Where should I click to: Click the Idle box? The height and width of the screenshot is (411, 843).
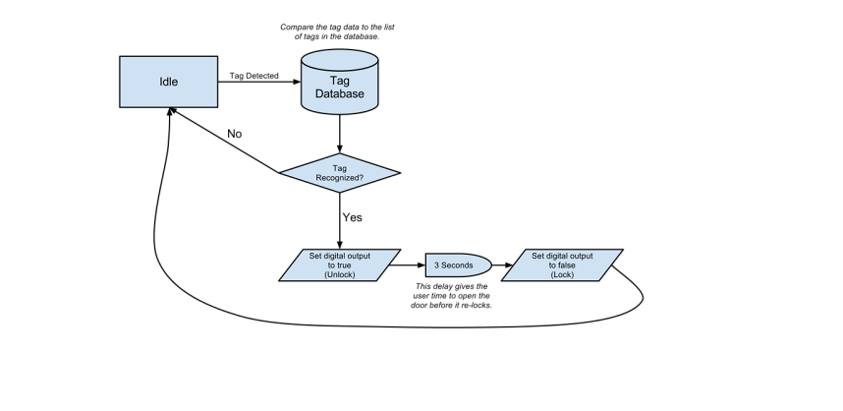168,82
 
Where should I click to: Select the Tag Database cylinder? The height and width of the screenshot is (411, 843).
340,82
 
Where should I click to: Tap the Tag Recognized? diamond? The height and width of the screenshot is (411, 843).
340,173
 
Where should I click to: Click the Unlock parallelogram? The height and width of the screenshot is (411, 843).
340,265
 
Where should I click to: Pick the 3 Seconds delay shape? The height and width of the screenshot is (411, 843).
458,265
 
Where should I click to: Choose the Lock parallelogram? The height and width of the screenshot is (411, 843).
562,265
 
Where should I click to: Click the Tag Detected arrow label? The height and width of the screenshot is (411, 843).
254,76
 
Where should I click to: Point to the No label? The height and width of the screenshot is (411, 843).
235,134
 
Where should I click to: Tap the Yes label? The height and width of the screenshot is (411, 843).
353,217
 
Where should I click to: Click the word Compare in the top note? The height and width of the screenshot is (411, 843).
295,28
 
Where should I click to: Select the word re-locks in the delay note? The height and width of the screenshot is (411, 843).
478,305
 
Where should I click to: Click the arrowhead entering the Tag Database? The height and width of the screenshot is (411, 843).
297,82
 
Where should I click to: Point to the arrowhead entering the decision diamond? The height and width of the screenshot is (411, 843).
340,148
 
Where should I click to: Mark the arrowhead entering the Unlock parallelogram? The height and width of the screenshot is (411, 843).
340,244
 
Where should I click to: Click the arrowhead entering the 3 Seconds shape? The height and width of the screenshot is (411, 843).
421,265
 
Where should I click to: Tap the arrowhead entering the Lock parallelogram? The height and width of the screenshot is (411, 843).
509,265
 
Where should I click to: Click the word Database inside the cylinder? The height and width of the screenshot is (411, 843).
340,93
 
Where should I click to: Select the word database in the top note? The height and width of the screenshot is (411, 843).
363,36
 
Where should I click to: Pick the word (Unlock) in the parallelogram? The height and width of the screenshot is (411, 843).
340,275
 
